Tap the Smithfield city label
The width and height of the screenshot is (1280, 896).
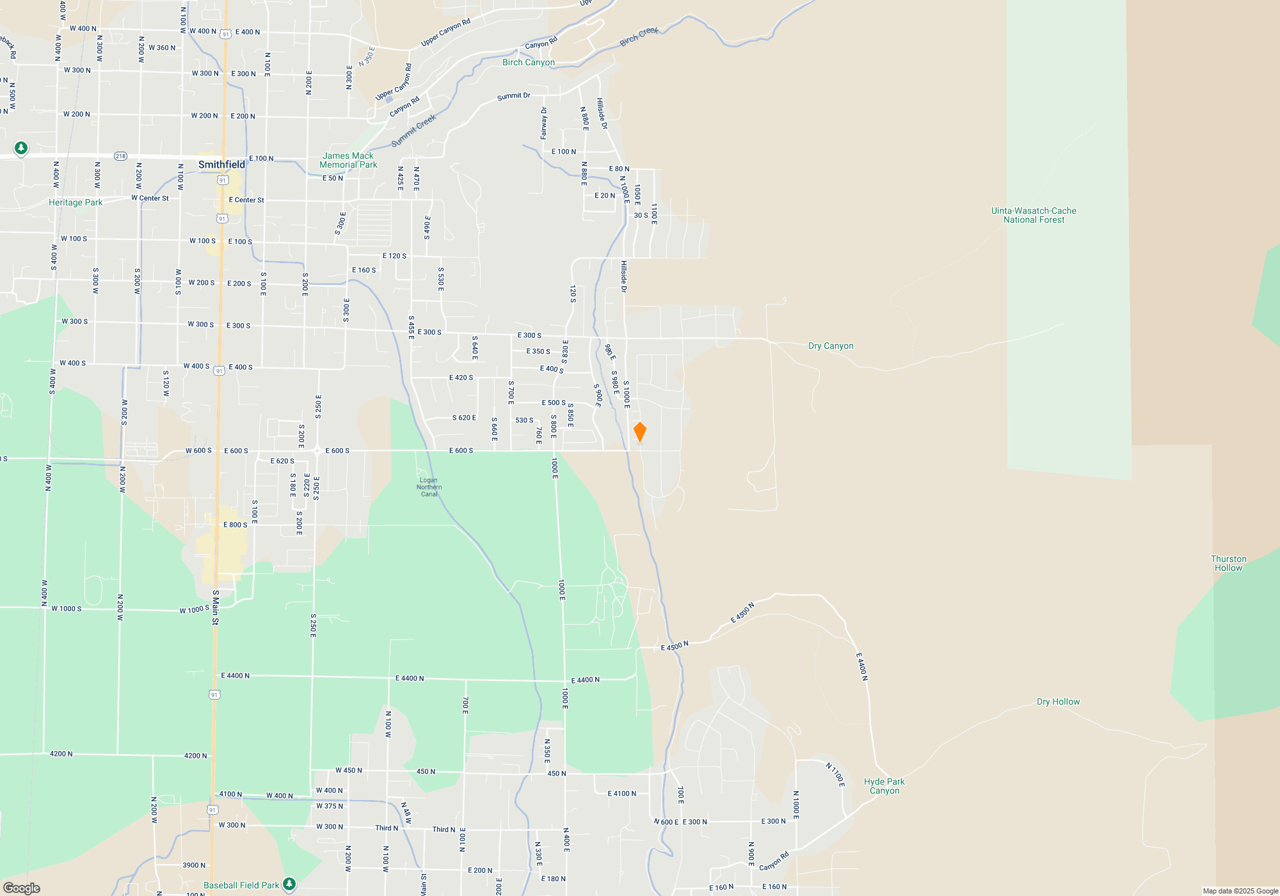click(x=221, y=164)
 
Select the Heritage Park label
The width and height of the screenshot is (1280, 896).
click(x=76, y=202)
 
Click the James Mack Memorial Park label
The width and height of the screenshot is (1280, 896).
click(x=348, y=160)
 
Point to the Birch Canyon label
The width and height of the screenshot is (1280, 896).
click(x=528, y=62)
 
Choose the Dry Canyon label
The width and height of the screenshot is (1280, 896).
click(x=830, y=346)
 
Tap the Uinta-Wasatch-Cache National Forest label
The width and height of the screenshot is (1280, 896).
click(x=1034, y=215)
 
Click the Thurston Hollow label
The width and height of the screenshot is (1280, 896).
click(x=1228, y=563)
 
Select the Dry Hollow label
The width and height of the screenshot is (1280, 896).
click(x=1058, y=701)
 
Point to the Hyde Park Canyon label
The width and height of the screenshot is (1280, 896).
click(x=884, y=786)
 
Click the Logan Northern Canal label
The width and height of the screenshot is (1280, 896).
click(x=429, y=487)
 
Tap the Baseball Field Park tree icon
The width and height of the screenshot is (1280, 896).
click(x=289, y=884)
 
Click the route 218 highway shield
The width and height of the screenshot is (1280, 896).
click(x=120, y=156)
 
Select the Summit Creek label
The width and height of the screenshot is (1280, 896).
click(x=413, y=131)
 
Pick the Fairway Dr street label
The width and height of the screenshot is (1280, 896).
click(x=544, y=123)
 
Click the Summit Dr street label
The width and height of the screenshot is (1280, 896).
click(x=513, y=96)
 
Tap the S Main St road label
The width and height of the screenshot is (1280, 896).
click(x=216, y=607)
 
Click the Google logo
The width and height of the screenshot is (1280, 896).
click(x=22, y=888)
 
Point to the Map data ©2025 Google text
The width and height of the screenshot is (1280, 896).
click(x=1240, y=891)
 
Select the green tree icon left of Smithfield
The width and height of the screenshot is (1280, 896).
click(x=21, y=148)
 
